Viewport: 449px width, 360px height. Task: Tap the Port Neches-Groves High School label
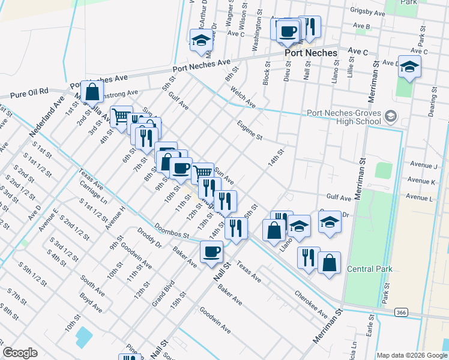point(344,117)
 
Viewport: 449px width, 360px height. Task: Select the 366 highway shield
point(402,312)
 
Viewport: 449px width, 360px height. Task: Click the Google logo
point(20,352)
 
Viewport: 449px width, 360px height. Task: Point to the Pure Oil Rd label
point(29,92)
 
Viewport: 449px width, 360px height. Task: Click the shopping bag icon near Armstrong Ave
point(92,92)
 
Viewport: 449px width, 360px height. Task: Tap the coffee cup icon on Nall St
point(211,251)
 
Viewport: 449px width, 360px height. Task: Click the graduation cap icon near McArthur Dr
point(200,40)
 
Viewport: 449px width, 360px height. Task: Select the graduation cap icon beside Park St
point(409,67)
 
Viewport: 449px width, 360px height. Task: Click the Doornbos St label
point(171,230)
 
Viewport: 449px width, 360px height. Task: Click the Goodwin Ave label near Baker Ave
point(215,320)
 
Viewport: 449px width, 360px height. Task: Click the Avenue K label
point(421,181)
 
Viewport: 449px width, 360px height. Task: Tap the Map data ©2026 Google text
point(412,355)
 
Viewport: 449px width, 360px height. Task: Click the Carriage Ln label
point(92,191)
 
